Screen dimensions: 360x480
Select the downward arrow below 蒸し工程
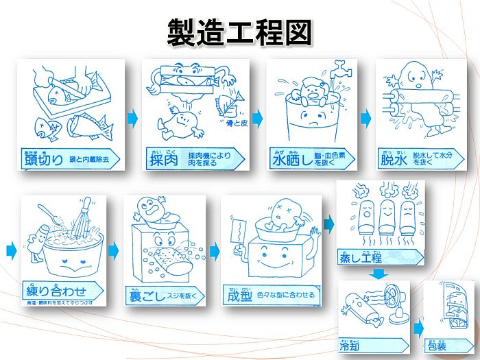coord(378,274)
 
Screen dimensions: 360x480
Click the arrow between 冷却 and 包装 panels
coord(418,327)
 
